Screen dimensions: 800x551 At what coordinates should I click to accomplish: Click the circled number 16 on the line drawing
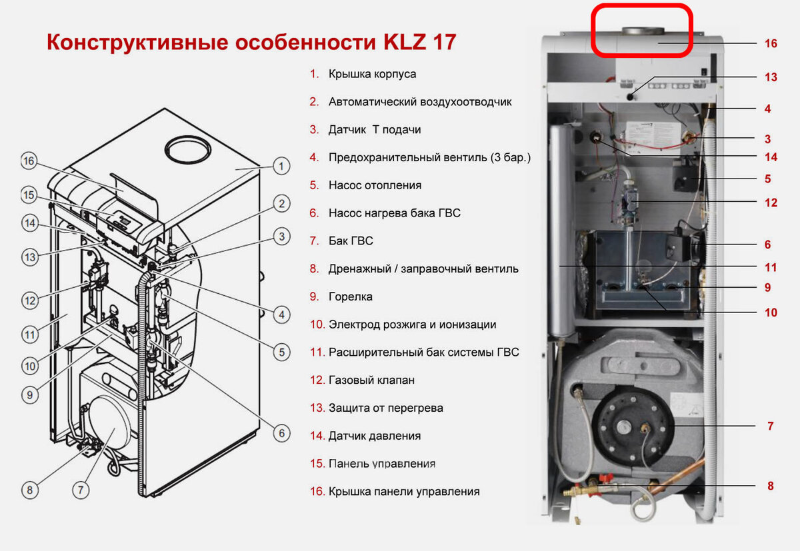[x=29, y=161]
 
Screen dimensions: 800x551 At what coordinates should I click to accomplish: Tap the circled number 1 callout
[x=281, y=166]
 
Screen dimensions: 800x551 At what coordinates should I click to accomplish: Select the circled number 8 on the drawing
[x=30, y=490]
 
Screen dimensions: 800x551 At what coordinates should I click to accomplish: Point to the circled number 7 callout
[x=81, y=490]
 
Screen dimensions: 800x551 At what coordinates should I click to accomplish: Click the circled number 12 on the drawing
[x=30, y=300]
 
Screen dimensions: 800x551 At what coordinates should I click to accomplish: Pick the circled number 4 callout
[x=281, y=314]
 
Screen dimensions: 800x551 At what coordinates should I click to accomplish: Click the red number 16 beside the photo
[x=771, y=43]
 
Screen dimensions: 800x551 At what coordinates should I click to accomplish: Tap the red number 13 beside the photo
[x=771, y=77]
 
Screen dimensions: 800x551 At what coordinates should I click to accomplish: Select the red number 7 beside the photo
[x=771, y=426]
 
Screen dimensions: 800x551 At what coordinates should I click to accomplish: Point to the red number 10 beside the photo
[x=771, y=312]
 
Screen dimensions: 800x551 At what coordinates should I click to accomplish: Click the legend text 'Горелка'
[x=351, y=296]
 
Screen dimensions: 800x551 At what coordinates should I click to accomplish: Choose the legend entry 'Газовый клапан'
[x=371, y=380]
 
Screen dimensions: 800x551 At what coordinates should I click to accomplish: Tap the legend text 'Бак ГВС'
[x=351, y=241]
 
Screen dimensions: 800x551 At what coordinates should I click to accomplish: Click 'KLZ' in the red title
[x=405, y=42]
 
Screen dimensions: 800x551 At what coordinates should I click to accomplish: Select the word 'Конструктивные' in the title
[x=137, y=43]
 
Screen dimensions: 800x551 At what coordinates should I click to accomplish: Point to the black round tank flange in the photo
[x=632, y=428]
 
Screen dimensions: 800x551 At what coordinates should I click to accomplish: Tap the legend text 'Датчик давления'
[x=374, y=436]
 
